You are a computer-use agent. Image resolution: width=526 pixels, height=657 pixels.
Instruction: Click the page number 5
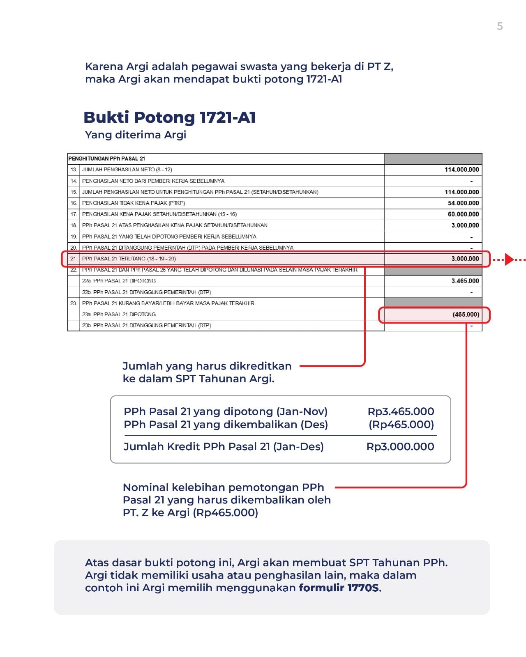click(500, 26)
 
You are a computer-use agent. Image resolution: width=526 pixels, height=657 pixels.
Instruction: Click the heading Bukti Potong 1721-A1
click(169, 117)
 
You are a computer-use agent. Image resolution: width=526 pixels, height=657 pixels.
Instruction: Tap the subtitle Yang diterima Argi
click(136, 135)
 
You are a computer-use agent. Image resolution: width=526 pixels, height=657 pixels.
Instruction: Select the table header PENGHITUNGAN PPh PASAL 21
click(107, 159)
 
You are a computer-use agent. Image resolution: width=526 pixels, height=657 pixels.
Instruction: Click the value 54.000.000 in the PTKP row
click(463, 203)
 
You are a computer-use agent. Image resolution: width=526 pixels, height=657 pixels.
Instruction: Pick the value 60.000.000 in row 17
click(463, 214)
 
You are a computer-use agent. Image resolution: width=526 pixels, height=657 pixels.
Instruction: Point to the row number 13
click(74, 170)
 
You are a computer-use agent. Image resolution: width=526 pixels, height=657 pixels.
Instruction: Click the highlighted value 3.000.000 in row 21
click(465, 259)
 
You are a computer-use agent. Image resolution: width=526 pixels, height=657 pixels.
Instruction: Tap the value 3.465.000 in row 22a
click(465, 281)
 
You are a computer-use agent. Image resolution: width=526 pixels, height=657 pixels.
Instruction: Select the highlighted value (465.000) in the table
click(466, 315)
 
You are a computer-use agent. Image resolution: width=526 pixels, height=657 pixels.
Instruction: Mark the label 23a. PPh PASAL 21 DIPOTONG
click(119, 315)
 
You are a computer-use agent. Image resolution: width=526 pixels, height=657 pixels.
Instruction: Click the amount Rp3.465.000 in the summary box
click(401, 411)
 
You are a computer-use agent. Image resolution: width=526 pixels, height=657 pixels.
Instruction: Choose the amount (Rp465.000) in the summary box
click(401, 425)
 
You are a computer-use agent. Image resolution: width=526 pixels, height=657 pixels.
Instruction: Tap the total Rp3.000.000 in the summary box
click(400, 447)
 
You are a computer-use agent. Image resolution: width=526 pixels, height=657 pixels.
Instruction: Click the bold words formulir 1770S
click(339, 588)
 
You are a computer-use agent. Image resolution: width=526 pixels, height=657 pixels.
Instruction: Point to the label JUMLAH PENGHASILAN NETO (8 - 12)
click(127, 170)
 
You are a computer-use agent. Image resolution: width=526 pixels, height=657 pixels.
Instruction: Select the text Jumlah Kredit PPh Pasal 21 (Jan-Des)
click(224, 447)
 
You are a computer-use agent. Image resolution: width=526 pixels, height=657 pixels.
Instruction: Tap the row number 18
click(74, 225)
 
